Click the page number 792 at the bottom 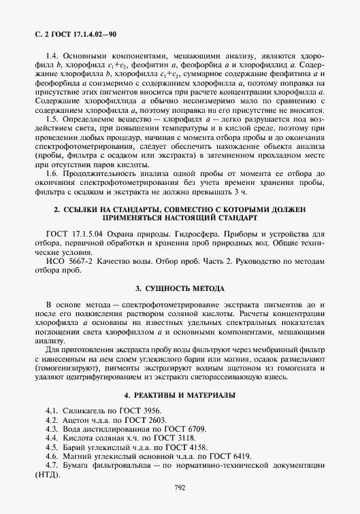pos(180,487)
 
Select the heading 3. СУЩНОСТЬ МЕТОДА pos(180,288)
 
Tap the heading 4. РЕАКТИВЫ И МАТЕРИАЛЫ pos(180,395)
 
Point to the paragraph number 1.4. pos(52,55)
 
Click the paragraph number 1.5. pos(52,118)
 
